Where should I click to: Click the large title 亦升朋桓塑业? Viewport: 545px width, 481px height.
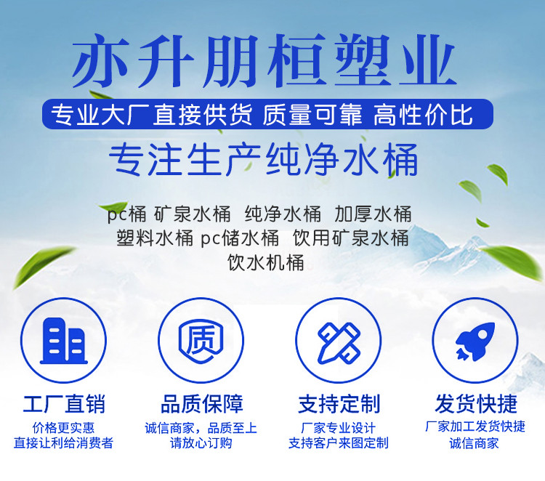click(265, 61)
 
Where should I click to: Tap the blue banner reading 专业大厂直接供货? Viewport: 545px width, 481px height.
click(267, 114)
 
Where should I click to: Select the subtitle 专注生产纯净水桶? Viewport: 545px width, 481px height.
click(263, 160)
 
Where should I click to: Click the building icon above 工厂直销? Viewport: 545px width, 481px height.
click(64, 341)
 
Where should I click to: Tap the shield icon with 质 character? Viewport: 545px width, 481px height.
click(201, 341)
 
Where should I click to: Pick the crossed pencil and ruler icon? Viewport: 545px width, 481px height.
click(339, 342)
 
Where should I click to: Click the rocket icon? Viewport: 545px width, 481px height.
click(475, 341)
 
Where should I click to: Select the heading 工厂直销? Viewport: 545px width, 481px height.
click(64, 404)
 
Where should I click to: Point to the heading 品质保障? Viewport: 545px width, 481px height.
click(201, 404)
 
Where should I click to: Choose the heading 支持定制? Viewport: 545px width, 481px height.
click(339, 404)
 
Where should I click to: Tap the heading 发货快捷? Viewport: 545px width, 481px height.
click(476, 404)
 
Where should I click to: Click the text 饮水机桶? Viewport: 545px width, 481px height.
click(265, 262)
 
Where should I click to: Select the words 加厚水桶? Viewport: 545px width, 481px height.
click(373, 214)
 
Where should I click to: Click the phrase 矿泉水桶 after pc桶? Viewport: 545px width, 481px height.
click(193, 214)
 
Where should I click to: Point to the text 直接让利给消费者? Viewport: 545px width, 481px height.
click(64, 443)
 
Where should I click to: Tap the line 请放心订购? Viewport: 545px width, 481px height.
click(201, 443)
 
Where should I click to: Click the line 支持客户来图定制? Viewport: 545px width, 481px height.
click(339, 443)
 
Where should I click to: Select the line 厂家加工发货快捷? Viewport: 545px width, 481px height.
click(475, 427)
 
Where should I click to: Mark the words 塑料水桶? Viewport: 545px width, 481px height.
click(155, 238)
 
